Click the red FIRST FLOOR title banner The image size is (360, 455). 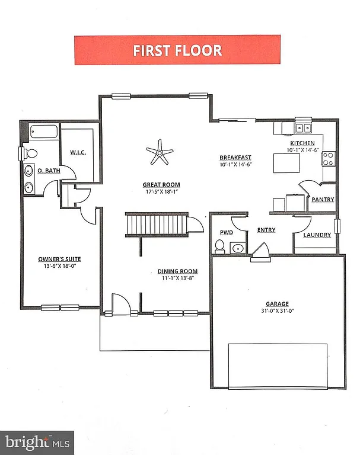tap(177, 50)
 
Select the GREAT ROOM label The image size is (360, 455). tap(161, 184)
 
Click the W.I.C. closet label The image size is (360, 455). tap(78, 152)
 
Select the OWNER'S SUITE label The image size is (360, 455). tap(59, 259)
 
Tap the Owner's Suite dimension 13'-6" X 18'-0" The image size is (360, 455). tap(59, 267)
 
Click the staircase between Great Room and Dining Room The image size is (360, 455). tap(157, 225)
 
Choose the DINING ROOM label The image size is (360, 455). tap(177, 271)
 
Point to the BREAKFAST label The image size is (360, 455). tap(236, 158)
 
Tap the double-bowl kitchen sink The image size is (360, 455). tap(304, 128)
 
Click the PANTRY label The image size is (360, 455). tap(323, 200)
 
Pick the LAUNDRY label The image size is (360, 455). tap(317, 235)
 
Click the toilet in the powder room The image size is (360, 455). tap(219, 246)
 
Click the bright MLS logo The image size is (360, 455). tap(37, 441)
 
